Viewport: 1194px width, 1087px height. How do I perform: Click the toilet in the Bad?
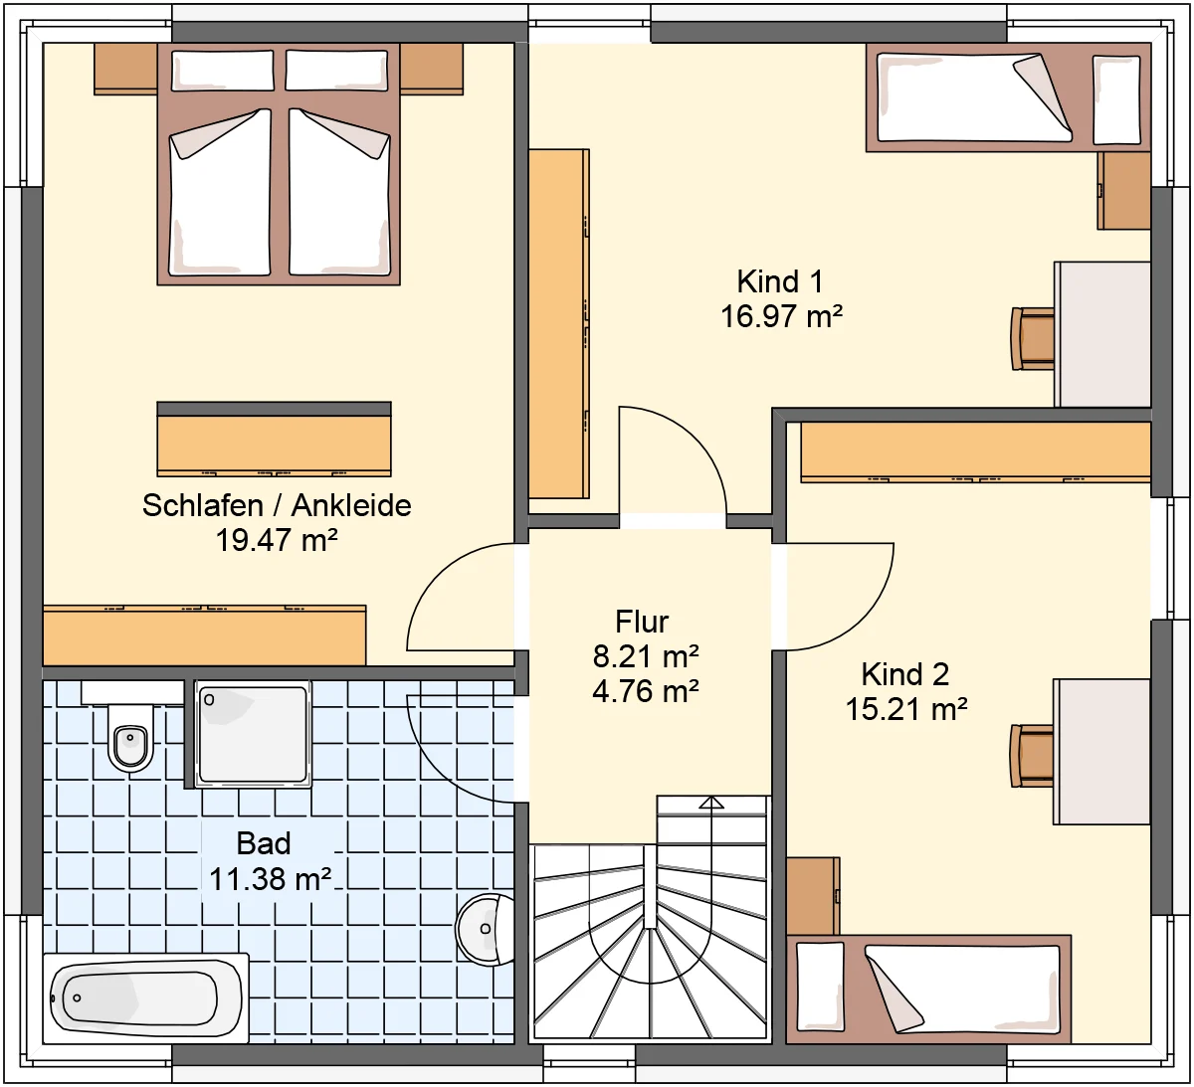(x=131, y=737)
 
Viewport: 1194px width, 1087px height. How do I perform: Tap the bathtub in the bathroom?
(x=146, y=998)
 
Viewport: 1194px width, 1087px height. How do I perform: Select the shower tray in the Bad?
(x=254, y=734)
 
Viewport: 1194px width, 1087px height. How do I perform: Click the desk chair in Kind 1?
(x=1033, y=338)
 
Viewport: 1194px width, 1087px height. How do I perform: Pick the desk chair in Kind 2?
(x=1032, y=756)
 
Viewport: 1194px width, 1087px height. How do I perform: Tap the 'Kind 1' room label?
(x=780, y=281)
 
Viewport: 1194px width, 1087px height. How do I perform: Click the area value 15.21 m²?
(x=905, y=709)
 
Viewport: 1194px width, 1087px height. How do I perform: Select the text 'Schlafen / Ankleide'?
(x=277, y=506)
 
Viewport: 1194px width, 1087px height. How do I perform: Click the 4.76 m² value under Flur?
(x=645, y=691)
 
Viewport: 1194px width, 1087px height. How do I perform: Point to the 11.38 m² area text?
(x=271, y=879)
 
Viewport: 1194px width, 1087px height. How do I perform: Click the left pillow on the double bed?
(x=223, y=71)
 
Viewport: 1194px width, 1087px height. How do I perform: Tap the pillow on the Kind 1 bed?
(x=1116, y=100)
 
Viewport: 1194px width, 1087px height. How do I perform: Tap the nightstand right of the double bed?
(x=432, y=69)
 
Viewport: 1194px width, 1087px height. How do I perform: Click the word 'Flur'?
(x=642, y=623)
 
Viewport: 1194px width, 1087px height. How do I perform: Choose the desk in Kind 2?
(x=1101, y=752)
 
